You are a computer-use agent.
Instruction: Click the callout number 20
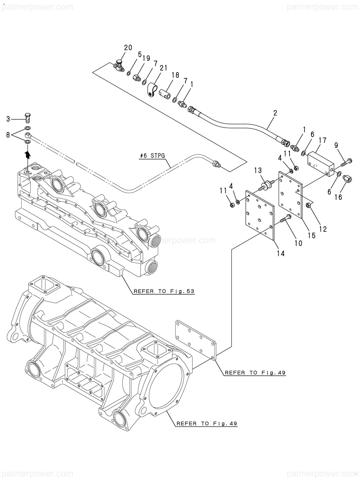[128, 47]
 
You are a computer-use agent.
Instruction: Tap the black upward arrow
[28, 155]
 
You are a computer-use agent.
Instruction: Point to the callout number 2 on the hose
[275, 113]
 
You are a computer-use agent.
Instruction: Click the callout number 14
[281, 253]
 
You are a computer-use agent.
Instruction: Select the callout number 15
[312, 235]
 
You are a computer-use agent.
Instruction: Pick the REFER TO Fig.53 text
[164, 291]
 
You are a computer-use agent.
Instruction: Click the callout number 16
[338, 197]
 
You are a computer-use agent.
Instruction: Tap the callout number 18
[175, 75]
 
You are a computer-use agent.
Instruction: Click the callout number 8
[8, 135]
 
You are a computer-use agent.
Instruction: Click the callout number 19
[146, 58]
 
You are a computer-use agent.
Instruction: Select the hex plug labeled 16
[347, 179]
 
